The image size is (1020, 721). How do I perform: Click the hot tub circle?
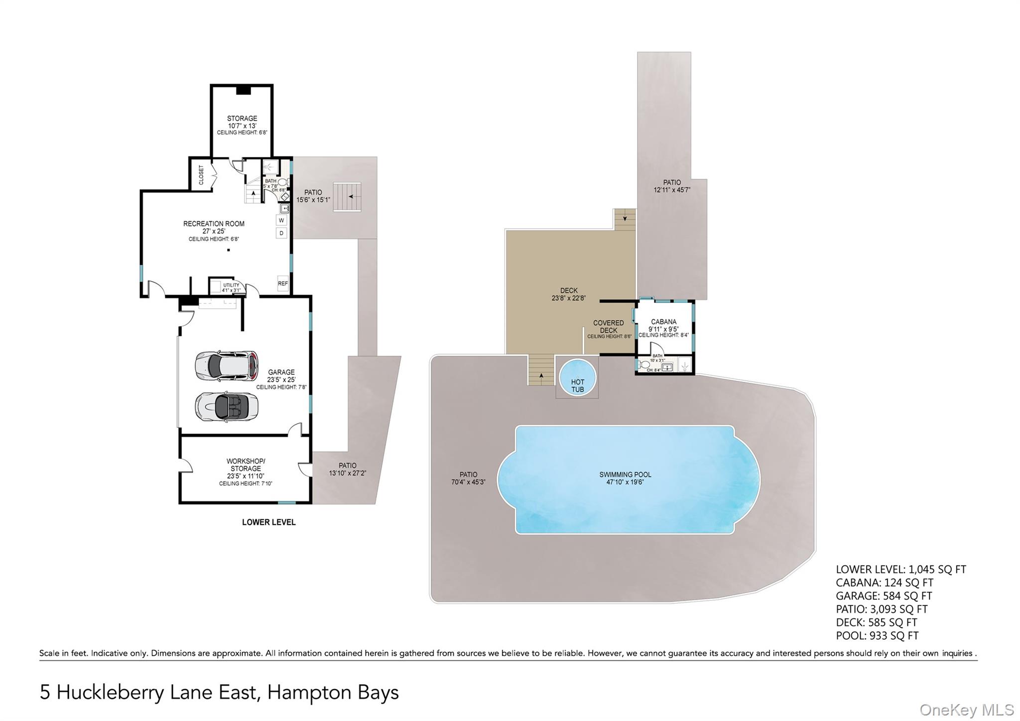tap(577, 378)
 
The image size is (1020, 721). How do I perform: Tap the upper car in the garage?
tap(227, 366)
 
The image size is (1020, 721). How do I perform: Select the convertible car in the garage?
tap(227, 407)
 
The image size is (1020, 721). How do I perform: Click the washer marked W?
tap(281, 220)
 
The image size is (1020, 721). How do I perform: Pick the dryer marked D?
tap(281, 233)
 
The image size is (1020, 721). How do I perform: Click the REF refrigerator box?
tap(283, 284)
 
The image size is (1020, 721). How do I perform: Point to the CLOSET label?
tap(201, 175)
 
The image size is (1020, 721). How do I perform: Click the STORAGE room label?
tap(242, 119)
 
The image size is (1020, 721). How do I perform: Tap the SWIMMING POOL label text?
tap(625, 475)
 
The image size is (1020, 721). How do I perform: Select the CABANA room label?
tap(663, 322)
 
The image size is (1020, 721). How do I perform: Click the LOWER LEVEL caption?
tap(268, 522)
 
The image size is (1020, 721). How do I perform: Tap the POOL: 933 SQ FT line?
tap(877, 636)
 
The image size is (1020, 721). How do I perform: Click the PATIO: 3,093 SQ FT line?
tap(882, 609)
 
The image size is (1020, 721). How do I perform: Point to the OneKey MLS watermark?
tap(967, 710)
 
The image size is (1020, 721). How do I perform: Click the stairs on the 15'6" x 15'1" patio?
tap(347, 197)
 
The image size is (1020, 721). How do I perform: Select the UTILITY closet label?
tap(231, 286)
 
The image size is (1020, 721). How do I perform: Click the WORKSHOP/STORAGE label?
tap(246, 464)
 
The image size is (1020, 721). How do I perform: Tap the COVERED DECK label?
tap(608, 326)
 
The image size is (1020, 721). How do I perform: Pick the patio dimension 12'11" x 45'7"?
tap(672, 190)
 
